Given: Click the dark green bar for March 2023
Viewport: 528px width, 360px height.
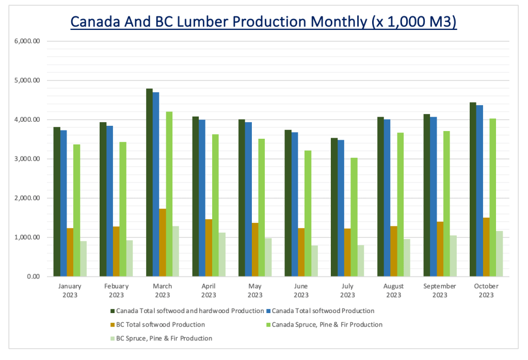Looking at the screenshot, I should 149,183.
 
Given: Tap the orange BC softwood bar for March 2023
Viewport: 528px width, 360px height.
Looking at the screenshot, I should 163,242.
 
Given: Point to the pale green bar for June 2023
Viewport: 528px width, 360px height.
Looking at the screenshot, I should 314,261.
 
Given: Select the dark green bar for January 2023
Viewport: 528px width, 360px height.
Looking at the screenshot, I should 57,202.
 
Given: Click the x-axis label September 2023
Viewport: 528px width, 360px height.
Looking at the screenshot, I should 440,290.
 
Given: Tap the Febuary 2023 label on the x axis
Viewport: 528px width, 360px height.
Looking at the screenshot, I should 116,290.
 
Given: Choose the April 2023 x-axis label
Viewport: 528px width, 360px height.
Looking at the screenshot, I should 209,290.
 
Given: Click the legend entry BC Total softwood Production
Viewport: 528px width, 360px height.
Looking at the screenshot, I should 160,325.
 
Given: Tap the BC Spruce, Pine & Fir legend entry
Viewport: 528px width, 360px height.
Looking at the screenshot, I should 164,339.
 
